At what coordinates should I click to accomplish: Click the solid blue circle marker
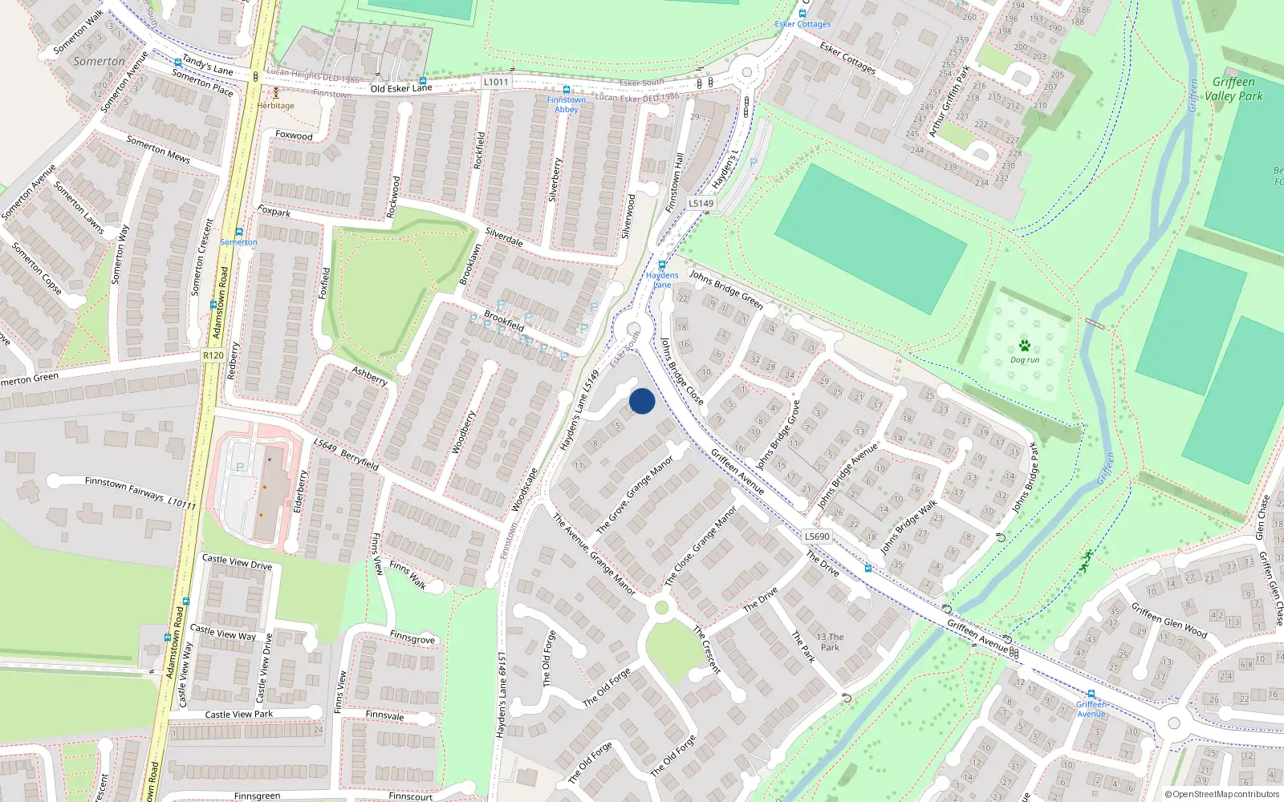(642, 401)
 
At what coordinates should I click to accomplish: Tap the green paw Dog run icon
(1025, 346)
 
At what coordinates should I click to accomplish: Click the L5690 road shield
(817, 537)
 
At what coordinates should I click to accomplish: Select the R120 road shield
(213, 355)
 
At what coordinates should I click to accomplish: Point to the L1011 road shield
(496, 82)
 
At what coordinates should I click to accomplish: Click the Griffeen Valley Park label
(1233, 89)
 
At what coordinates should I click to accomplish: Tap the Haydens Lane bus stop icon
(662, 265)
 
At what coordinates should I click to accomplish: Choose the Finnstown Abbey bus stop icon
(567, 90)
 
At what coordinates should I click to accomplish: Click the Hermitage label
(276, 106)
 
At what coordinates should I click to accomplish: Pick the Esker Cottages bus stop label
(802, 25)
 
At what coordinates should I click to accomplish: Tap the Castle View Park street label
(238, 714)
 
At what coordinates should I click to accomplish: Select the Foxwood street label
(294, 136)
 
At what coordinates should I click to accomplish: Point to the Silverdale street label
(504, 237)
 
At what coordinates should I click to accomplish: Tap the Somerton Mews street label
(158, 149)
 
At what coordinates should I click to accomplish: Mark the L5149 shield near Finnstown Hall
(701, 204)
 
